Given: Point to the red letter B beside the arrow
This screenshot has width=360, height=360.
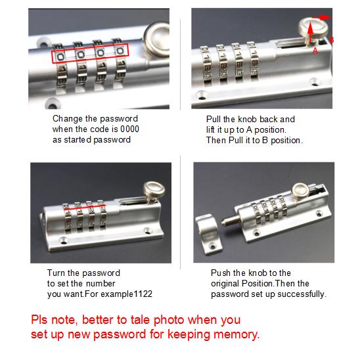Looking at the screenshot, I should coord(332,40).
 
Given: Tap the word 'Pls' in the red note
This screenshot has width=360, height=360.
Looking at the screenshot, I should coord(41,320).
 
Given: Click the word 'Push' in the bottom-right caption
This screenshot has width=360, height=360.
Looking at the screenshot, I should coord(221,273).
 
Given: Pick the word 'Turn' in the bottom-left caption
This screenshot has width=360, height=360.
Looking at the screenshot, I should coord(57,273).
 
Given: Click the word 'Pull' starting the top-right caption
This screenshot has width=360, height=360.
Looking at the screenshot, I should coord(214,119).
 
